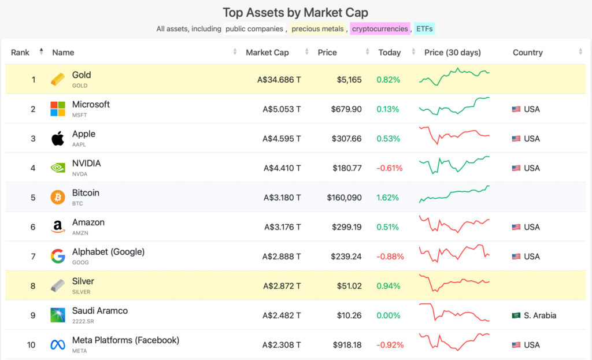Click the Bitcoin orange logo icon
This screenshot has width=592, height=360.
(58, 198)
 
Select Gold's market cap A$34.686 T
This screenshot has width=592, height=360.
(279, 80)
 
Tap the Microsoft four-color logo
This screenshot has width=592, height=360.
(58, 109)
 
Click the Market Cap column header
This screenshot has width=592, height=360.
(267, 53)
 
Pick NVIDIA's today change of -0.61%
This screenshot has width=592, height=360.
(389, 168)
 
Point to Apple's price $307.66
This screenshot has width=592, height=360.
(346, 139)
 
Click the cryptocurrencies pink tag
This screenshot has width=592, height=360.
(380, 29)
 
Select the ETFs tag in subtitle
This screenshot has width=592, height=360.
(424, 29)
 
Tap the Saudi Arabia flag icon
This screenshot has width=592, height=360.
(516, 316)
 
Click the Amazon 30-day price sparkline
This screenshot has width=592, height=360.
(454, 225)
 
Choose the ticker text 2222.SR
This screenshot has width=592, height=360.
(84, 321)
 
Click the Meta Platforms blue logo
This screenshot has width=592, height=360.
(58, 345)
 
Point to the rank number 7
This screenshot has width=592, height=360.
(33, 257)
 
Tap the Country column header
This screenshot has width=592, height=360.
(527, 53)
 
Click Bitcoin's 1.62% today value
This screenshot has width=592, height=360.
(387, 198)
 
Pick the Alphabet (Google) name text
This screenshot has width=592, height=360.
(108, 252)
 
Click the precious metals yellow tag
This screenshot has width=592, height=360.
(317, 29)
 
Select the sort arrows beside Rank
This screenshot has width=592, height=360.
(41, 52)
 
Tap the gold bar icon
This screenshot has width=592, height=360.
(58, 80)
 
